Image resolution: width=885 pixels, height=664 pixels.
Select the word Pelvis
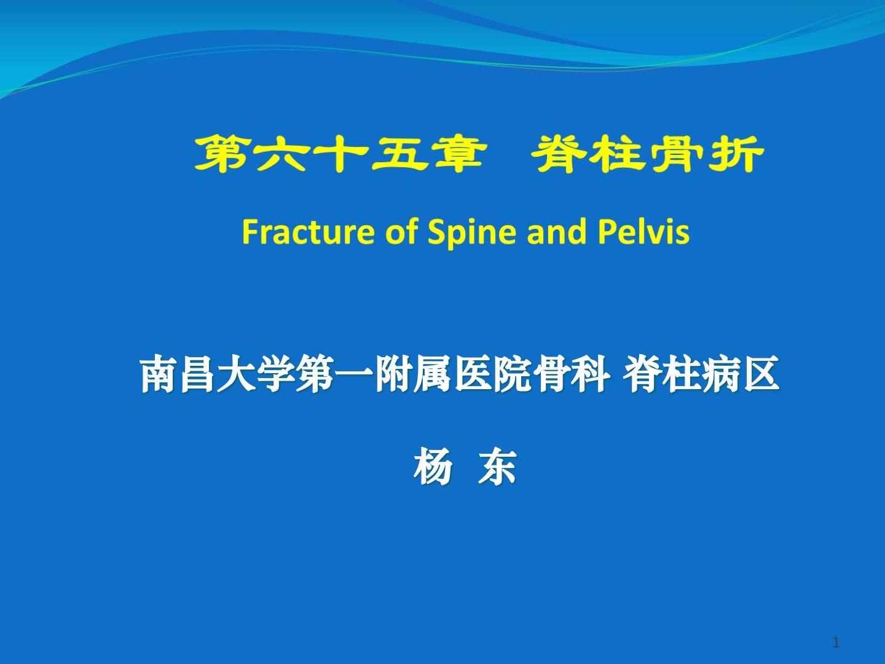point(644,231)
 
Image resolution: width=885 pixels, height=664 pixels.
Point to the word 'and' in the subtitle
point(557,231)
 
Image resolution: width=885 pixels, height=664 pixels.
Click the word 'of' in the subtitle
point(401,231)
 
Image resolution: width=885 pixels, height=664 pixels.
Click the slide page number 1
point(836,642)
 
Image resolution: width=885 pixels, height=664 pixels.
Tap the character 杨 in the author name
point(433,467)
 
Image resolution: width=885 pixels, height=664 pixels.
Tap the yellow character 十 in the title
point(339,154)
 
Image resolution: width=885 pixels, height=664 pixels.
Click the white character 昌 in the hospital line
point(197,374)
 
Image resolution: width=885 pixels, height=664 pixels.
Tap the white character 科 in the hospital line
point(591,374)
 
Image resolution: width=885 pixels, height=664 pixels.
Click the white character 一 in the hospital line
point(355,374)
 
